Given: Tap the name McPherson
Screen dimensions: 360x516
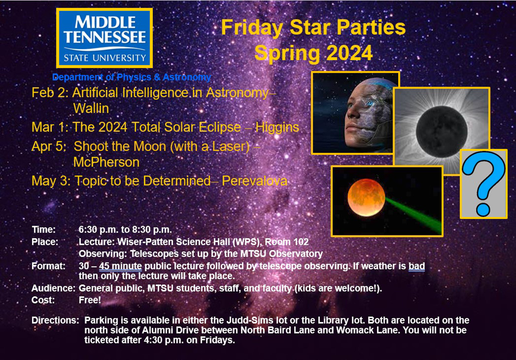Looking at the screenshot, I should (106, 162).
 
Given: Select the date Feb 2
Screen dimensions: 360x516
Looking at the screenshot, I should (49, 93).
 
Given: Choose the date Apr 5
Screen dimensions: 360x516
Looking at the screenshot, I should (48, 146).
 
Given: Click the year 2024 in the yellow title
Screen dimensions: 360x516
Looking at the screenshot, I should (346, 53).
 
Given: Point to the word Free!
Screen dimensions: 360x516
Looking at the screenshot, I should (90, 300).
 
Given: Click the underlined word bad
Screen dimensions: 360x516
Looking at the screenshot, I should (416, 266).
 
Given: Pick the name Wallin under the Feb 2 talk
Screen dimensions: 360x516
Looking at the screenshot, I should (91, 108).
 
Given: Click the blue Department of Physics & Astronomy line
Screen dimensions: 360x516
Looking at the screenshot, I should (131, 78).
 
